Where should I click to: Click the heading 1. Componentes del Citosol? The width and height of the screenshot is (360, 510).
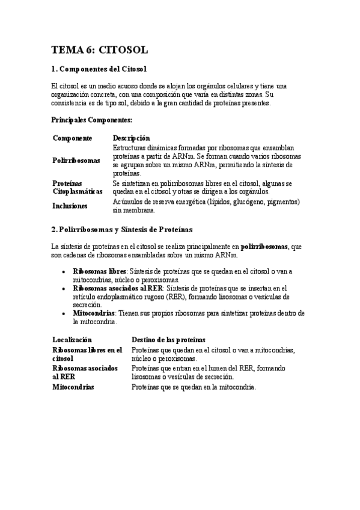[x=99, y=70]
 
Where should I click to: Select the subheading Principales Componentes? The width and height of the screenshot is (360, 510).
[x=92, y=120]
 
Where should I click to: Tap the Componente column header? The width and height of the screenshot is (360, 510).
[x=72, y=138]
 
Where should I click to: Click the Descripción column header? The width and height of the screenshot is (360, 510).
[x=132, y=138]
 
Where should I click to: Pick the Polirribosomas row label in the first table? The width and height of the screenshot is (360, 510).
[x=76, y=161]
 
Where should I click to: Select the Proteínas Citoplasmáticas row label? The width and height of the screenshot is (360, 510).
[x=78, y=186]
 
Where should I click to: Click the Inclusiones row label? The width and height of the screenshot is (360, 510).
[x=70, y=206]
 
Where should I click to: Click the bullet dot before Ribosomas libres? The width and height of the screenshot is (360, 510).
[x=64, y=272]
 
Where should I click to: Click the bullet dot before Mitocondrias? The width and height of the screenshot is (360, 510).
[x=64, y=314]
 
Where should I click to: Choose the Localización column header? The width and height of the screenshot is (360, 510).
[x=72, y=340]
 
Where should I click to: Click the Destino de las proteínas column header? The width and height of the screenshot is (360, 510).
[x=168, y=340]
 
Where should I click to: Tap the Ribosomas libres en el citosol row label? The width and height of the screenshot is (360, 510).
[x=87, y=354]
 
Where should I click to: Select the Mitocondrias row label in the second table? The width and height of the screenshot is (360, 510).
[x=73, y=387]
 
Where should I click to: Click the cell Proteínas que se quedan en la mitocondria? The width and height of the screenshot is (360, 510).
[x=194, y=387]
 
